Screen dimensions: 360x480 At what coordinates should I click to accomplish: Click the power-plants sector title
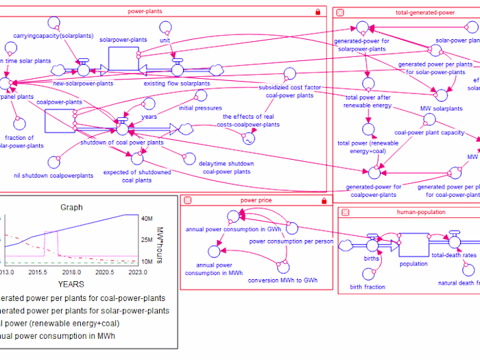point(144,12)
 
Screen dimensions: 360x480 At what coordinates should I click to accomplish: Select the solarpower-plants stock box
point(123,58)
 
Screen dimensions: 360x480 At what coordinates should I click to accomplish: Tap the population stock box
point(413,245)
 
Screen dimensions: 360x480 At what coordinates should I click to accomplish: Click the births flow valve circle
point(372,245)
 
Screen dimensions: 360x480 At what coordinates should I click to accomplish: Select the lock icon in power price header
point(324,200)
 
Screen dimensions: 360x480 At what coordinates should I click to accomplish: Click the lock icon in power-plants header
point(317,12)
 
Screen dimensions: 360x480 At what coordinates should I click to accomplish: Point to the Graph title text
point(71,207)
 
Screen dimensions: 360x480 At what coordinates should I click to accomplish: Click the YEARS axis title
point(71,283)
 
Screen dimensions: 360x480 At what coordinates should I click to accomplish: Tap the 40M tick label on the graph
point(147,219)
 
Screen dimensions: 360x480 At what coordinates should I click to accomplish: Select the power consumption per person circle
point(291,228)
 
